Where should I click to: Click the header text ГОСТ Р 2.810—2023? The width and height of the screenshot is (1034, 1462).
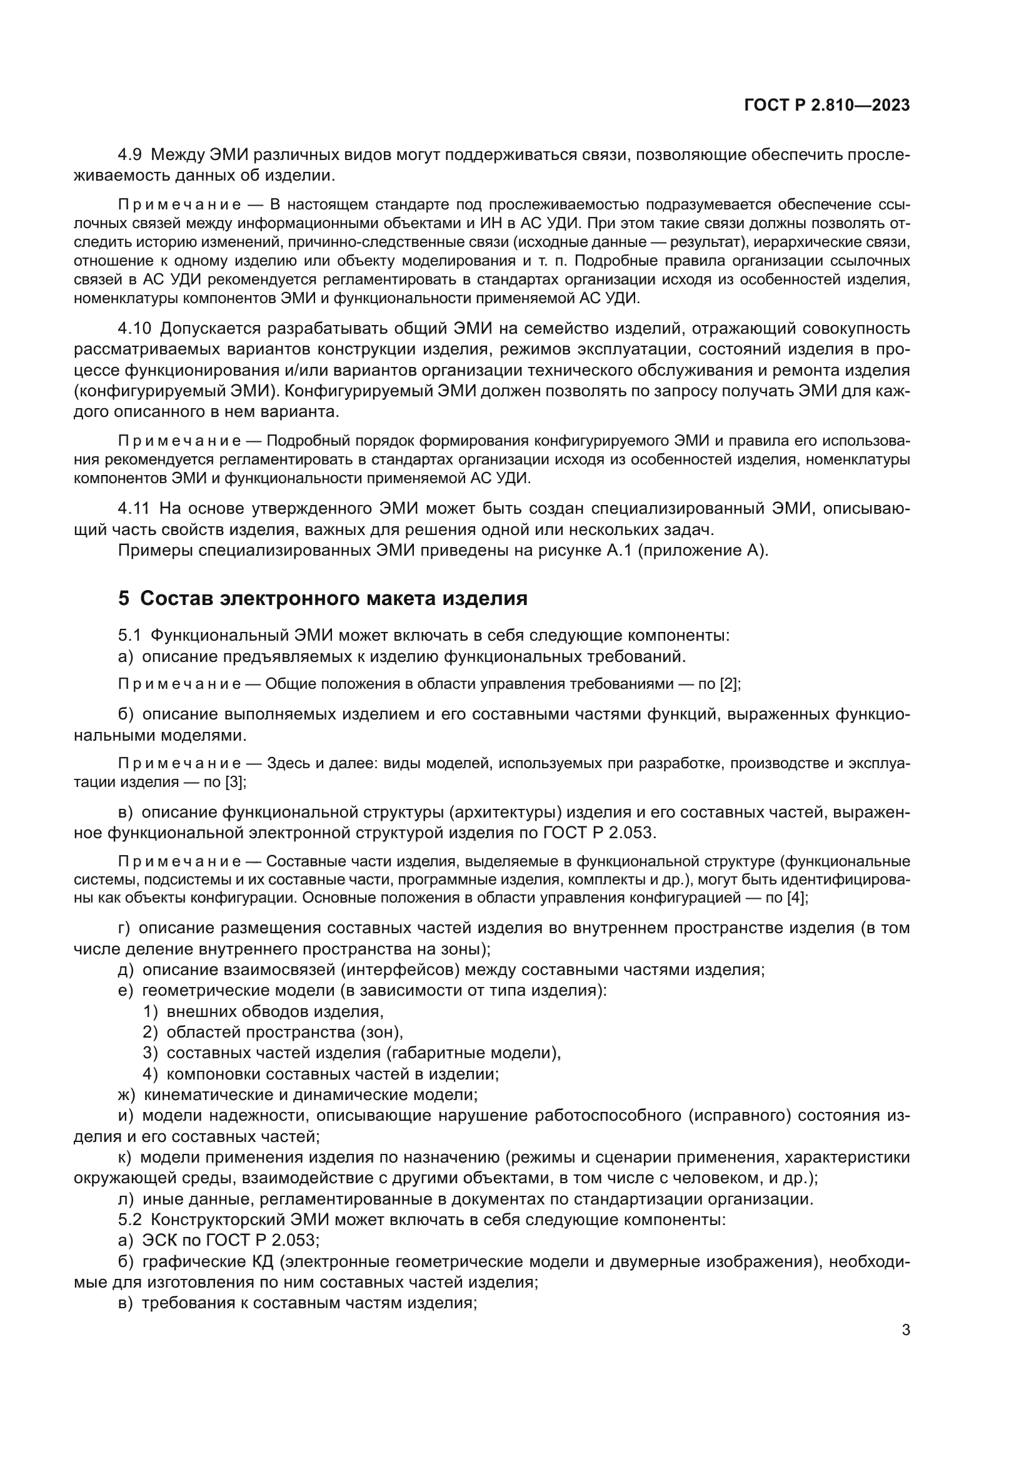(826, 106)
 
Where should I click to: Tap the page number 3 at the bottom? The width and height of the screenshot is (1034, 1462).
(905, 1330)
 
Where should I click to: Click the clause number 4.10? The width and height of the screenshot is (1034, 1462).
(134, 329)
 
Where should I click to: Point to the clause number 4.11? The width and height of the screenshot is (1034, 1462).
(134, 508)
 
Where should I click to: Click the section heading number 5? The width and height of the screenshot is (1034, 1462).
(124, 599)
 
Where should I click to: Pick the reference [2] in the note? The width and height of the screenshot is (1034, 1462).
(729, 684)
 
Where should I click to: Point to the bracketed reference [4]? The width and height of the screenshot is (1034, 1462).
(796, 898)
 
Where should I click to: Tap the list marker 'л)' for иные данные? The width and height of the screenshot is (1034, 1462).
(126, 1199)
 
